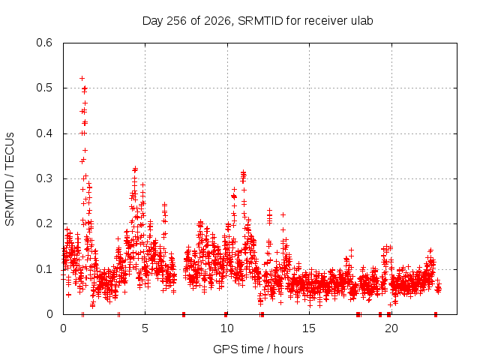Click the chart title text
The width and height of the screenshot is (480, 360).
pos(258,21)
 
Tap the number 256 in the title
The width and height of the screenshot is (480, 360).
pos(177,21)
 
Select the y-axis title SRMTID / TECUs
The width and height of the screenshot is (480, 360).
pos(10,179)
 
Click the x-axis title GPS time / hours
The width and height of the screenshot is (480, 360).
pos(258,349)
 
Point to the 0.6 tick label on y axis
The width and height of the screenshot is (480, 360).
pos(44,43)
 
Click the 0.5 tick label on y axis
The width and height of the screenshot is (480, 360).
pos(44,88)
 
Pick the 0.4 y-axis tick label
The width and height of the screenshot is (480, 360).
pos(44,133)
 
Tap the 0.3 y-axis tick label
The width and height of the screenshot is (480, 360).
pos(44,178)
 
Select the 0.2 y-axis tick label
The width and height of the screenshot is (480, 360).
pos(44,223)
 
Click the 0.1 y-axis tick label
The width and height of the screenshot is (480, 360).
pos(44,269)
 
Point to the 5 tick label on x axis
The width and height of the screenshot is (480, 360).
pos(145,328)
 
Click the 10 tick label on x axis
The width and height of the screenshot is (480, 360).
pos(226,328)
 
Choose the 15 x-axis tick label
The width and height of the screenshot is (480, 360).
pos(309,328)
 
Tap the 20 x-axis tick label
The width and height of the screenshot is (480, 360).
pos(391,328)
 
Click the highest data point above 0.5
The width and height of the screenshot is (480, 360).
pos(82,78)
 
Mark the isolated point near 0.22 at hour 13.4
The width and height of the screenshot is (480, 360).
pos(283,215)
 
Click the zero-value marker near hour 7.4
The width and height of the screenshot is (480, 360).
pos(184,314)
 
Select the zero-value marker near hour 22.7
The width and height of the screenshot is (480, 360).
pos(436,314)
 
